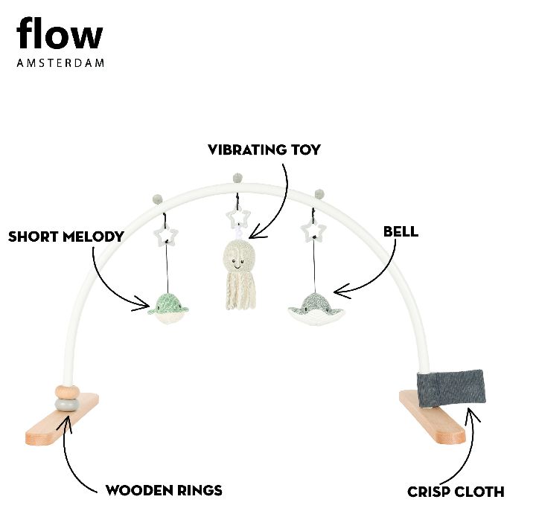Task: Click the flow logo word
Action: coord(60,35)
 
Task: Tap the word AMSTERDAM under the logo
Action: coord(60,63)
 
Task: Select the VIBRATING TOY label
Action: coord(264,150)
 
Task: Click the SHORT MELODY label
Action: coord(66,237)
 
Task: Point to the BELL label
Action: coord(401,231)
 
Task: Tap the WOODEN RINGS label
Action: coord(164,490)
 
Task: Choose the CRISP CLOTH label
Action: coord(456,491)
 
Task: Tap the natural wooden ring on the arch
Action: coord(66,391)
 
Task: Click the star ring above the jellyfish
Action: coord(239,217)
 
